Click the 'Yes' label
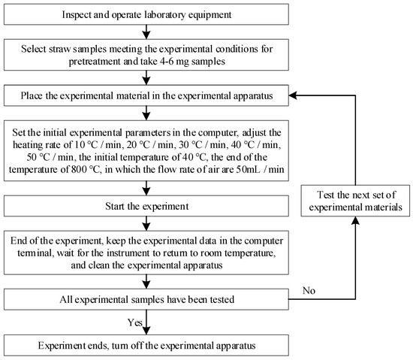point(137,322)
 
